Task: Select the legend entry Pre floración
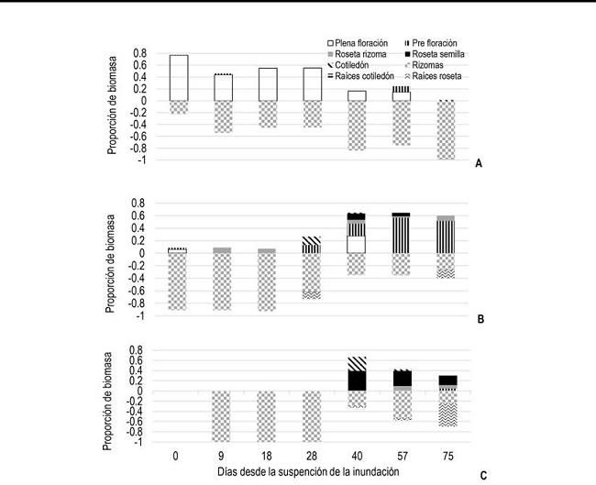(439, 43)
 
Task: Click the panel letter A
(479, 162)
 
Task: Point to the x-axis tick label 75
(446, 456)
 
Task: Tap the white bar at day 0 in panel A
(179, 78)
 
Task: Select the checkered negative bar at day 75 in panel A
(446, 130)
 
